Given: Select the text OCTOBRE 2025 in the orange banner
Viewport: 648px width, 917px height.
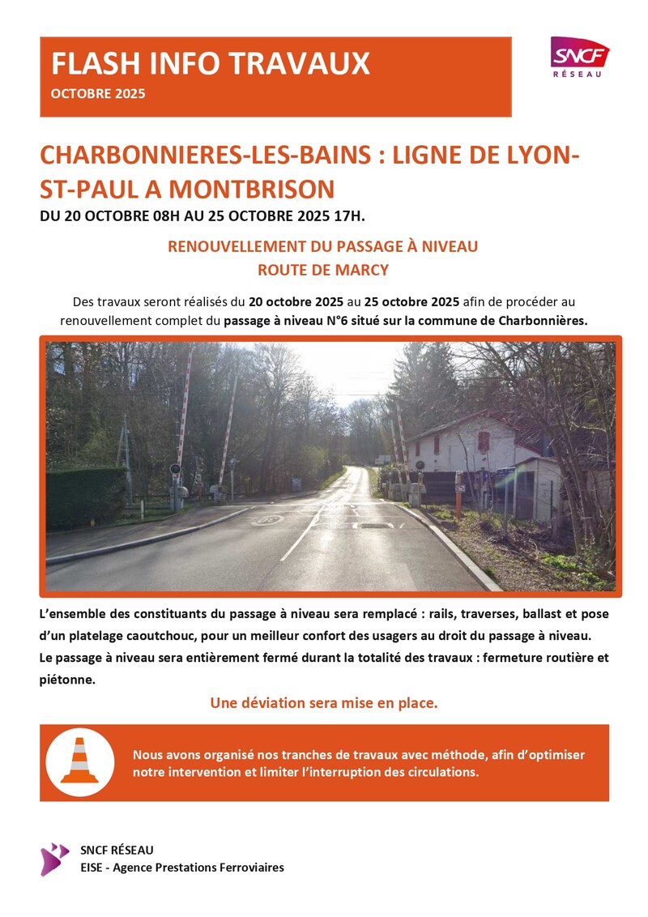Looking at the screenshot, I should coord(98,94).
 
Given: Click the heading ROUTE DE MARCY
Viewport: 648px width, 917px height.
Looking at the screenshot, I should coord(322,270).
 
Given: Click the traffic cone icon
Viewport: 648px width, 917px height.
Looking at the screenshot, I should coord(79,761).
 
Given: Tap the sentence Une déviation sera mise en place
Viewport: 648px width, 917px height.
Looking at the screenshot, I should coord(323,703).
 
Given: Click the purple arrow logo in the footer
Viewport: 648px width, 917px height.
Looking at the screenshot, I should coord(55,859).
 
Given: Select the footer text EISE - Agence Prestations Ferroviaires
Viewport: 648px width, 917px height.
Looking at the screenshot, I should coord(182,868).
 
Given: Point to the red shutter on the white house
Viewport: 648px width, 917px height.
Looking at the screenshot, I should coord(484,441).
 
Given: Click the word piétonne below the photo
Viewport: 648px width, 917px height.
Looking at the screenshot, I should coord(67,658).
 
